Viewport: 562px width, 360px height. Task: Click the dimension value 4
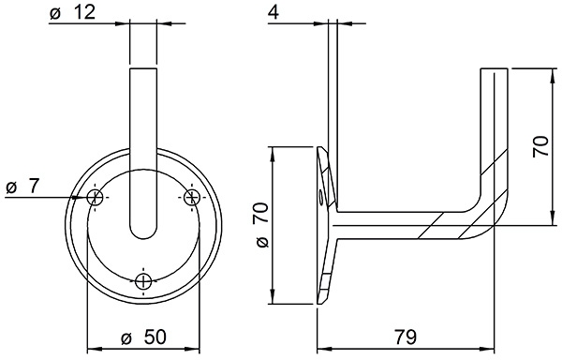(273, 15)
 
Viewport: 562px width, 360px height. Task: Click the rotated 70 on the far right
(540, 146)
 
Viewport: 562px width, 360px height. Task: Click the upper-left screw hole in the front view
(95, 197)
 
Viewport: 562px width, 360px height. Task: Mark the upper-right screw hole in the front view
(191, 197)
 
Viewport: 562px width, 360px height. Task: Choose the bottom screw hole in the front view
(142, 281)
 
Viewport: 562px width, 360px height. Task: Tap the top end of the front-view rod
(142, 70)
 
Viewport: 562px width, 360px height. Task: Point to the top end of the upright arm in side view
(494, 70)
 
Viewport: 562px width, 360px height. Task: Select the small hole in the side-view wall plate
(323, 198)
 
